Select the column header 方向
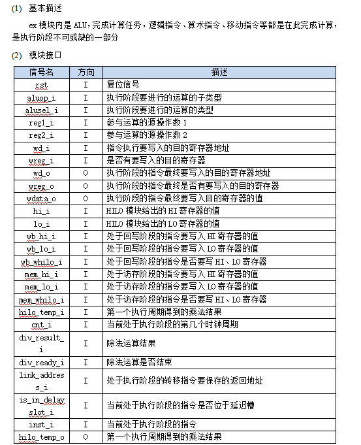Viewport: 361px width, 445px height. [x=86, y=72]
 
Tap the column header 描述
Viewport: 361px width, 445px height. [x=219, y=72]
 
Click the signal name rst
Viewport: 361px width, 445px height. [x=41, y=85]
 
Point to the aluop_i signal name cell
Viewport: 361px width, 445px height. [x=41, y=97]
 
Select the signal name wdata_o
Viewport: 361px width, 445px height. [x=41, y=198]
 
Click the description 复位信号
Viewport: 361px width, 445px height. [x=123, y=85]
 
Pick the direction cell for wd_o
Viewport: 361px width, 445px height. [x=86, y=173]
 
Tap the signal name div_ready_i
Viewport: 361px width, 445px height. [x=41, y=362]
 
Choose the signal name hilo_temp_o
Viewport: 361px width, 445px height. [x=41, y=437]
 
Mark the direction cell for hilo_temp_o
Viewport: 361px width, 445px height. [x=86, y=437]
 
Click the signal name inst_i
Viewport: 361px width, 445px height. [x=41, y=424]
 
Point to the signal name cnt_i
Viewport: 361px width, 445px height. [x=41, y=324]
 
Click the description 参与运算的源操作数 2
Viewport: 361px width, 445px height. [x=147, y=135]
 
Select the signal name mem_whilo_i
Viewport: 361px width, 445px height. [x=41, y=299]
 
